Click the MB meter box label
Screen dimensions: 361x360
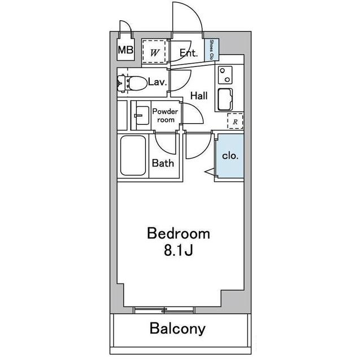tap(126, 50)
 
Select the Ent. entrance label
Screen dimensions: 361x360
tap(189, 53)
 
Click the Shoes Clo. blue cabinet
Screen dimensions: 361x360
tap(212, 49)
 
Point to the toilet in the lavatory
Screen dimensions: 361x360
tap(132, 83)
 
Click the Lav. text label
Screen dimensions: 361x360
tap(158, 82)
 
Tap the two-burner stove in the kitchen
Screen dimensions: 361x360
tap(225, 75)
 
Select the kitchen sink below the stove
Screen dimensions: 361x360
tap(225, 99)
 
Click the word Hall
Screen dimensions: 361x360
tap(199, 96)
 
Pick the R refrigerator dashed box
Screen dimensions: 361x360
tap(235, 121)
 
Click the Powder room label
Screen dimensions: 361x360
tap(166, 116)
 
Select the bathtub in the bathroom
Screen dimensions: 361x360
tap(133, 155)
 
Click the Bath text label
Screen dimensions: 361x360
tap(163, 163)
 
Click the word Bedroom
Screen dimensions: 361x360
tap(179, 233)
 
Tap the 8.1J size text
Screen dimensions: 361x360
tap(179, 250)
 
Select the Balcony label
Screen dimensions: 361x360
tap(177, 328)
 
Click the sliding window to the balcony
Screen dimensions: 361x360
tap(164, 310)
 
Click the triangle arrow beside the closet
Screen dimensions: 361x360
tap(210, 172)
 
